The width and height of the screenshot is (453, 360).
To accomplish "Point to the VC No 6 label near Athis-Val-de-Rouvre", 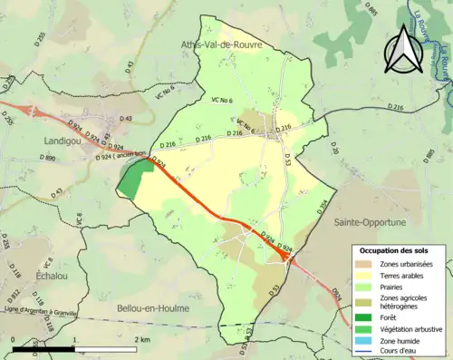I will (x=222, y=99).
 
